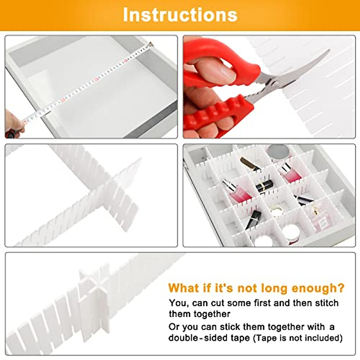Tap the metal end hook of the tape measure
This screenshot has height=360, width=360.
150,44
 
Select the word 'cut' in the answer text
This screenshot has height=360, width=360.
214,303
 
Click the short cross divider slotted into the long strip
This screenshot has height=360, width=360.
124,192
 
